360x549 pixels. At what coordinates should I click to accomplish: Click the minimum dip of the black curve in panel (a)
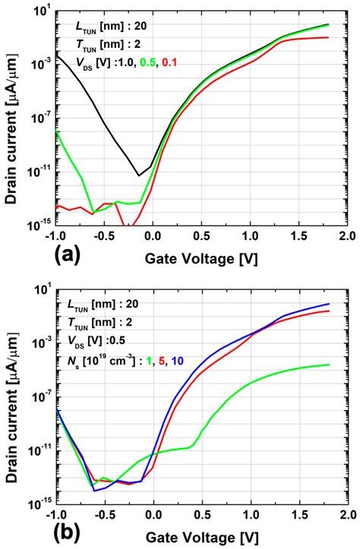(139, 175)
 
